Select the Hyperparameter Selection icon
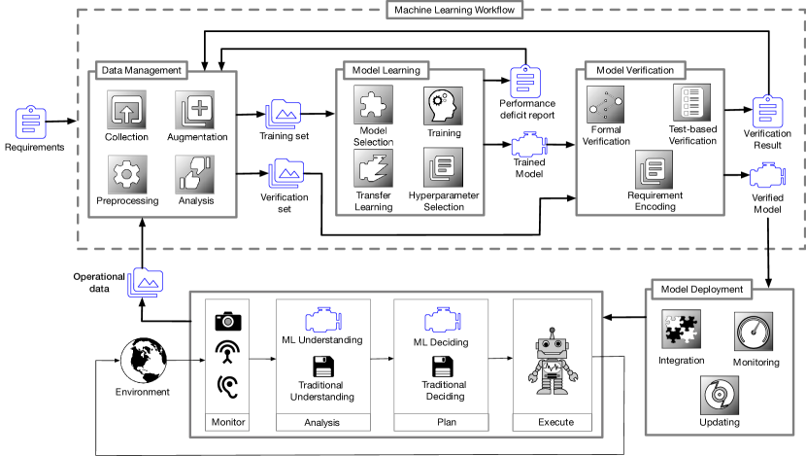444,167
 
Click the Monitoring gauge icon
755,333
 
